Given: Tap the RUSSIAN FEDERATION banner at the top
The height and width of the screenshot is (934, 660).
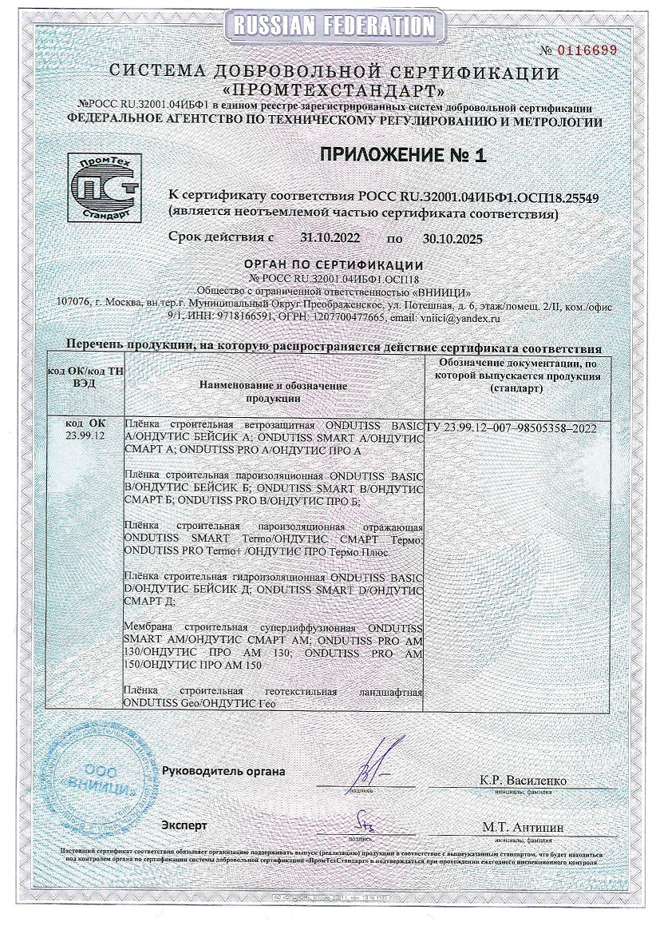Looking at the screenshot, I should coord(332,26).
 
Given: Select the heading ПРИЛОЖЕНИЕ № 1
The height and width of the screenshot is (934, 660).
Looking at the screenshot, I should coord(403,155).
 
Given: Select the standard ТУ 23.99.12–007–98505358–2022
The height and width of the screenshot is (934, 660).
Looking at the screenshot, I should coord(512,428).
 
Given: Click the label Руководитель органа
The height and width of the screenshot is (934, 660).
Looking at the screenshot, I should coord(223,771).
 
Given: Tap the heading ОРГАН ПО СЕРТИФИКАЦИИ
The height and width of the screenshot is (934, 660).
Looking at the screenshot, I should coord(334,265).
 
